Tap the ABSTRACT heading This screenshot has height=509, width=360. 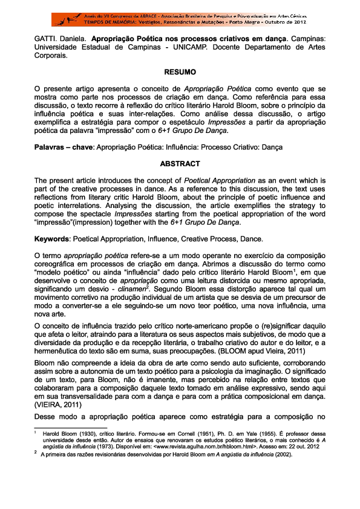point(180,163)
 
